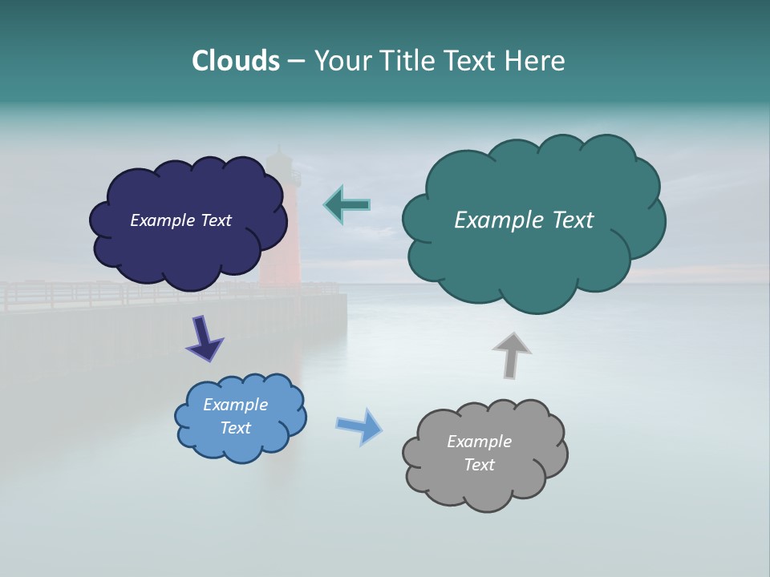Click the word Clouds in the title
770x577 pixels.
tap(235, 61)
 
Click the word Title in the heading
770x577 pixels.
tap(407, 61)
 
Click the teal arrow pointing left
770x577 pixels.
tap(346, 204)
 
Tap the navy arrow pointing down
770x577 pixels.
tap(204, 337)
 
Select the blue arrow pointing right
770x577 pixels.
tap(359, 426)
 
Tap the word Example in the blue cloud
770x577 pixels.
tap(235, 405)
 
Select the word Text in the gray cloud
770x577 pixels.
tap(479, 465)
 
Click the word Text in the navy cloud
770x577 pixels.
tap(215, 220)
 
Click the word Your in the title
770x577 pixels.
tap(342, 61)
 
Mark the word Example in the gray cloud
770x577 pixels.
tap(479, 442)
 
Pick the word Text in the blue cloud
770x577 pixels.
tap(235, 428)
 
